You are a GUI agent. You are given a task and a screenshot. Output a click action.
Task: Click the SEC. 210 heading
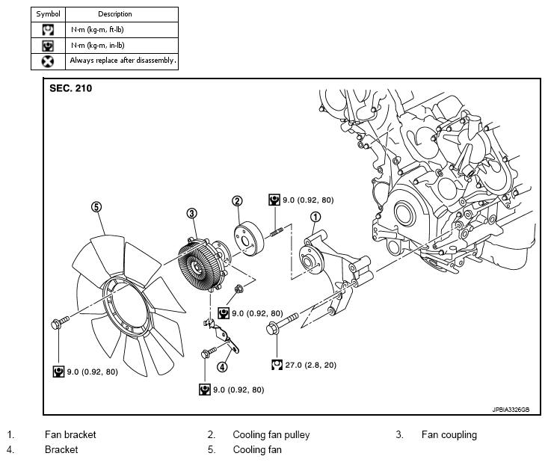70,88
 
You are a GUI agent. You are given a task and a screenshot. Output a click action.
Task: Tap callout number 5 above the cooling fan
96,206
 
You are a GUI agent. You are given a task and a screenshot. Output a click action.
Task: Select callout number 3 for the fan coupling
192,213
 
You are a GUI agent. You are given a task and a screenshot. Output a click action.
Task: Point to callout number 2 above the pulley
237,201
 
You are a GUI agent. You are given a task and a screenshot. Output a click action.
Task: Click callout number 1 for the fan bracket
315,217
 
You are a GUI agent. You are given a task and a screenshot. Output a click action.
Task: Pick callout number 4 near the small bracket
222,367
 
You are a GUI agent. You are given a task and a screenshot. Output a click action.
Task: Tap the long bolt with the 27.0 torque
282,323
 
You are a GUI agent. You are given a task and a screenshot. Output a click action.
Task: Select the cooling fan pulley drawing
249,239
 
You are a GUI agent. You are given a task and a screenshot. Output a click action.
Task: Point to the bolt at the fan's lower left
60,322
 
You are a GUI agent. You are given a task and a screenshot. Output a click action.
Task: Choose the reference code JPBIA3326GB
511,410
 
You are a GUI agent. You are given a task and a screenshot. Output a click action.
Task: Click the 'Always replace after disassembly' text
123,61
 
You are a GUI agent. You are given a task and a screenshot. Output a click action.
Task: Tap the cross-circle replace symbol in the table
48,61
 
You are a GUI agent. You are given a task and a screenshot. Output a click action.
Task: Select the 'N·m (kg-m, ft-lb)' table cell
122,30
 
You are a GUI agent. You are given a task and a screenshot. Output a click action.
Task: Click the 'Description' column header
115,14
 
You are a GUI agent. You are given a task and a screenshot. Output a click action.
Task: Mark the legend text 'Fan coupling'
449,435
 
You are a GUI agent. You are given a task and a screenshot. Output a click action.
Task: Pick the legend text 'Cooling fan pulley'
271,435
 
